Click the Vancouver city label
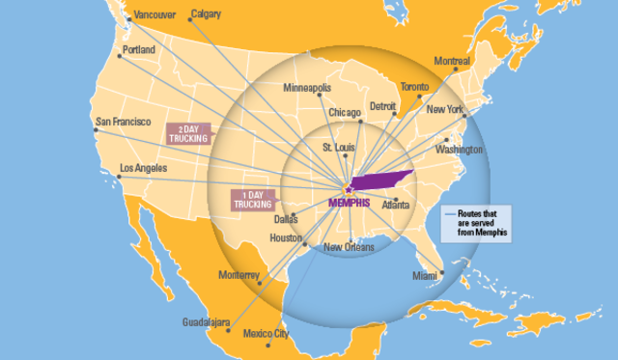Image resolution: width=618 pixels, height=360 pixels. [x=154, y=14]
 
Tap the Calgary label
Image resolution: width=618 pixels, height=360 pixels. [x=206, y=14]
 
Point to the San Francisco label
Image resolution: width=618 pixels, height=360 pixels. [x=123, y=123]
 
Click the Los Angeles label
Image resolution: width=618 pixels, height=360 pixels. [x=142, y=169]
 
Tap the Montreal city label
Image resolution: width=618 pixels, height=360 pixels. [x=452, y=61]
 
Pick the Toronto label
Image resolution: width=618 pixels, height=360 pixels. [x=415, y=87]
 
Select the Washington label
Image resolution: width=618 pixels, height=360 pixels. [x=459, y=151]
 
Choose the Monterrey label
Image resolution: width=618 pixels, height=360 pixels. [x=238, y=275]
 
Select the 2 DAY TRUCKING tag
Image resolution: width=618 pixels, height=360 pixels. [x=187, y=133]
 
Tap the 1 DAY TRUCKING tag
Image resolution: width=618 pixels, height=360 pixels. [x=251, y=200]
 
